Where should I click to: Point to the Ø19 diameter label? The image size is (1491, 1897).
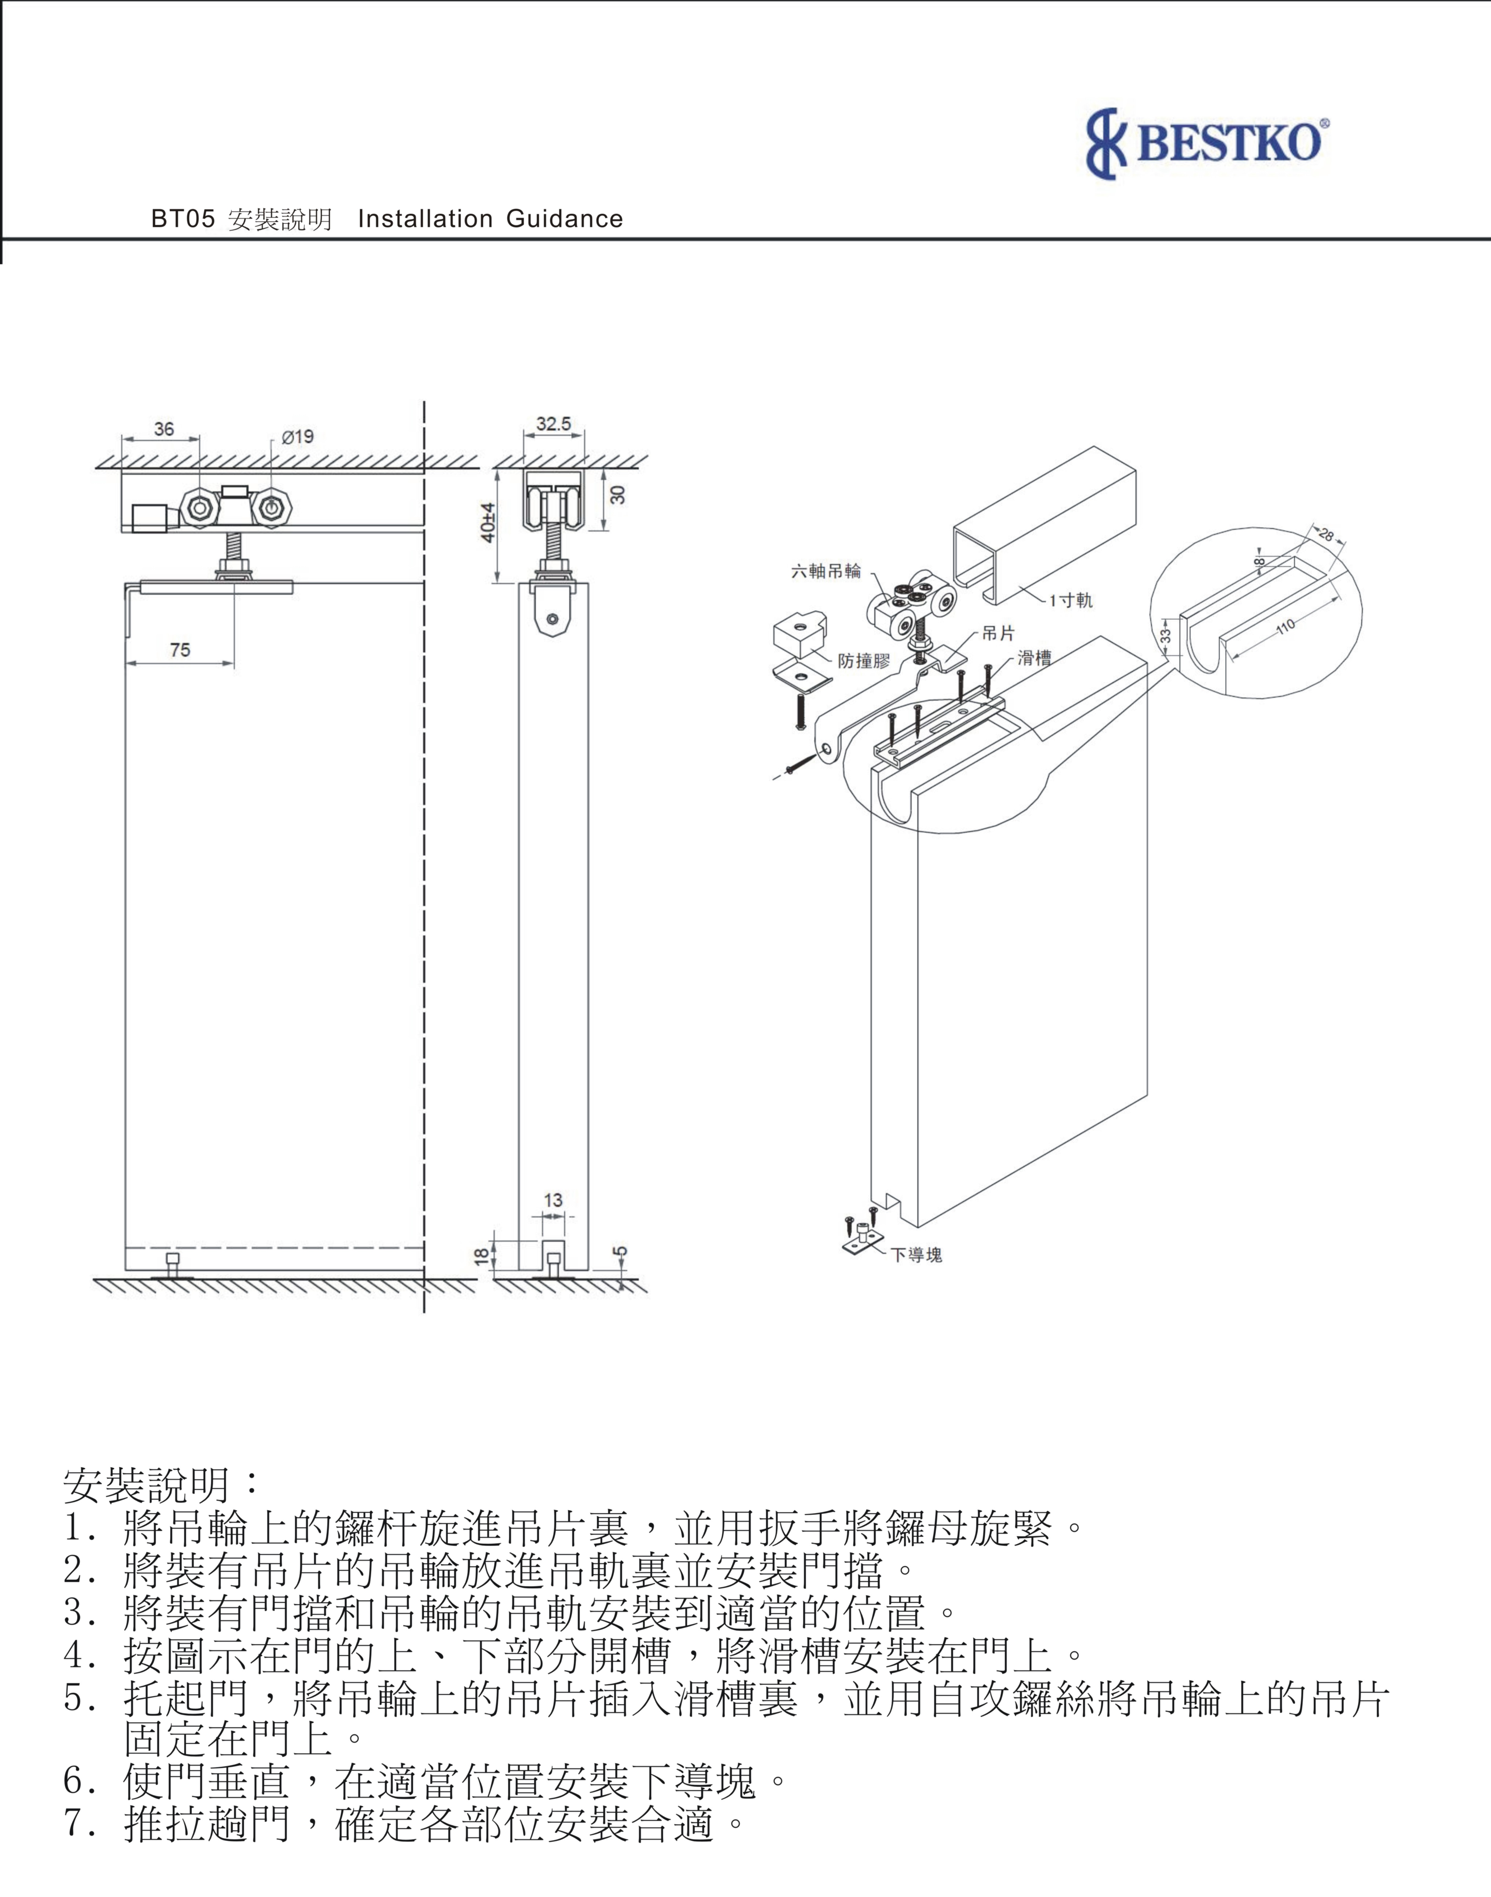click(298, 436)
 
